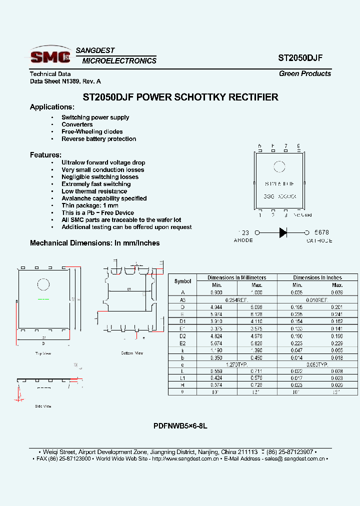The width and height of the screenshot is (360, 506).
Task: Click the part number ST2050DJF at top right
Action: (x=300, y=57)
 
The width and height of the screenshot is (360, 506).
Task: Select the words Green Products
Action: (x=304, y=73)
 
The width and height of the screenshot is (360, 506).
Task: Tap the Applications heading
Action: (x=52, y=107)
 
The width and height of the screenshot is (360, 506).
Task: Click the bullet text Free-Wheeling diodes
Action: (x=92, y=131)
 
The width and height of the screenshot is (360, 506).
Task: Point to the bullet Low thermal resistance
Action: (x=94, y=191)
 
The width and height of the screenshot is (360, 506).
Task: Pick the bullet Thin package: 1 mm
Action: (x=90, y=205)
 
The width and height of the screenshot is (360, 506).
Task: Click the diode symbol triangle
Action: (x=282, y=232)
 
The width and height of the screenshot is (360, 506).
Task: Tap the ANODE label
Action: (x=243, y=240)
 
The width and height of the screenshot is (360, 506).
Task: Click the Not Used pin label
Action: (x=302, y=215)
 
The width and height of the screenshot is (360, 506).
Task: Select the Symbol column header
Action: (x=183, y=281)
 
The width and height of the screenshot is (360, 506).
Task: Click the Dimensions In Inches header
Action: (x=317, y=277)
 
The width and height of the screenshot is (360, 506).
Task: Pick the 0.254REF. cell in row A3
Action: (x=236, y=299)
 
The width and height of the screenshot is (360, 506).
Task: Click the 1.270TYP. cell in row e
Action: (x=236, y=365)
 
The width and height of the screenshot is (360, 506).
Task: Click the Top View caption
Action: (x=43, y=353)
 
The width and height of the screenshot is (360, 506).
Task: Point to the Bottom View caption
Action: (x=132, y=353)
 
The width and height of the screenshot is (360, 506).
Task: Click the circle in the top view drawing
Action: (x=43, y=285)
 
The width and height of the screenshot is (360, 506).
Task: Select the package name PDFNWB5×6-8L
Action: (x=180, y=426)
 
